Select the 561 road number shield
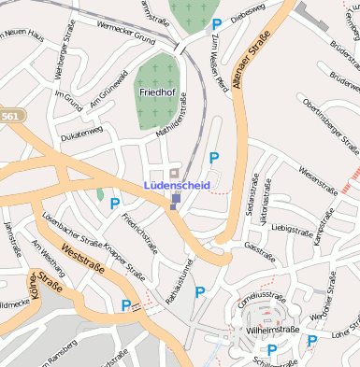pos(8,115)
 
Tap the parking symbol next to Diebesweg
pos(217,23)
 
